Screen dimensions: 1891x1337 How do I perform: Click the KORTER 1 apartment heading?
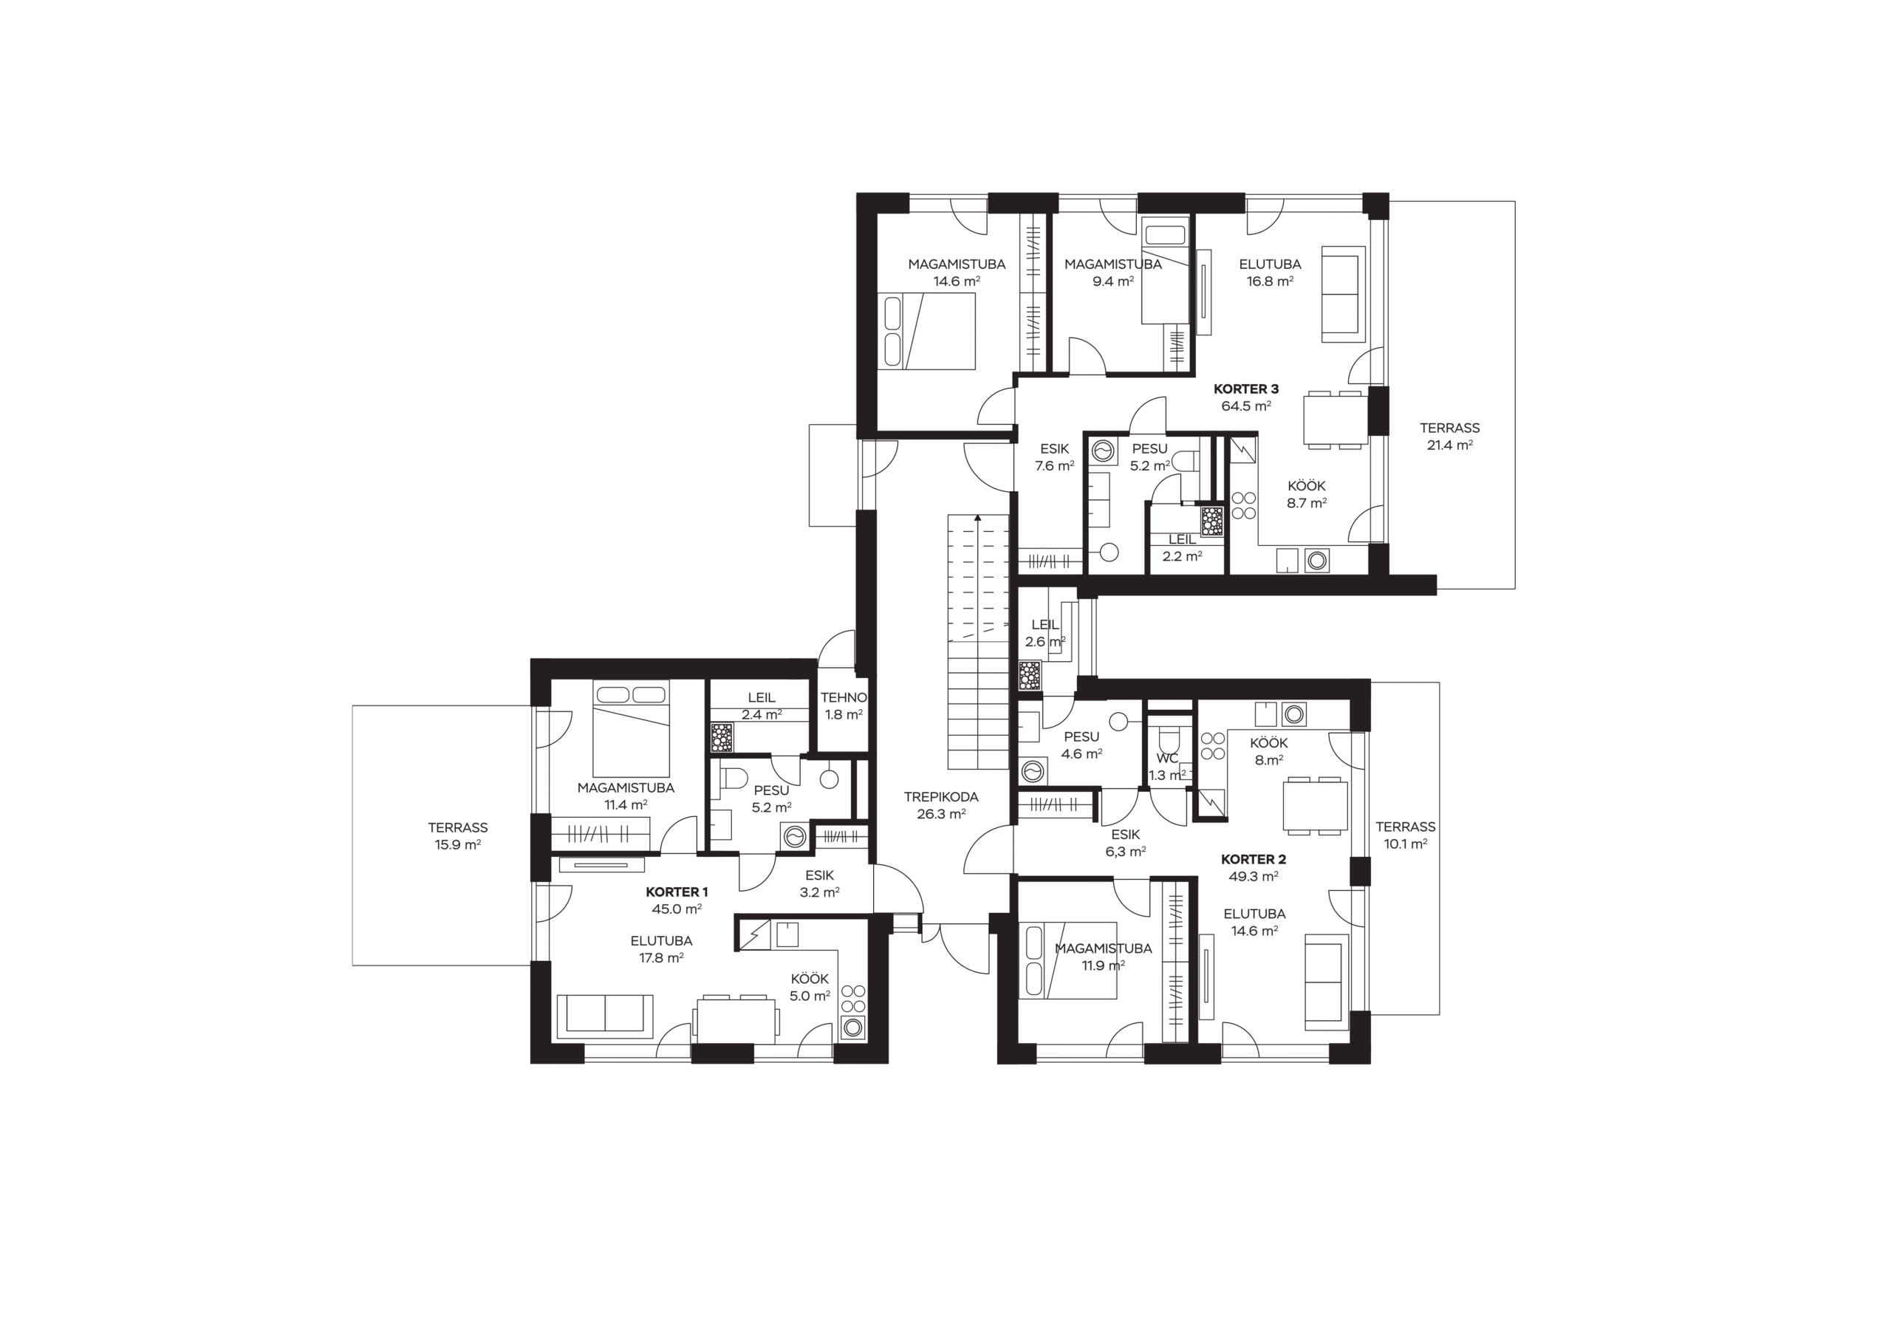676,892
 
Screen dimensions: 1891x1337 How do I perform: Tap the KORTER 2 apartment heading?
1253,859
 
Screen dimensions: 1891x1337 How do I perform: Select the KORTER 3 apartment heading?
1246,389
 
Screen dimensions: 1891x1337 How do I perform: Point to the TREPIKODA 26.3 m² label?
940,806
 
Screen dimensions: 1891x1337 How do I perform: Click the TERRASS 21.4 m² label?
1449,437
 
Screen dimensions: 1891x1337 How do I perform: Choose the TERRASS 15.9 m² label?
458,836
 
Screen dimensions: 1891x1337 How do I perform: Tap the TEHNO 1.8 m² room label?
844,706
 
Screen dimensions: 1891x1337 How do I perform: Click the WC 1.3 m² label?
1167,767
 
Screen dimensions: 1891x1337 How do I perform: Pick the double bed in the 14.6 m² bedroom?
926,331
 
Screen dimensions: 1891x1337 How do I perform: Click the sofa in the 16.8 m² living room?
1341,293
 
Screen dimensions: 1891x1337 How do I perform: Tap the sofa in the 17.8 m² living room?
606,1016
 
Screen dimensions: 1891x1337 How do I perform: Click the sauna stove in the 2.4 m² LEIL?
722,737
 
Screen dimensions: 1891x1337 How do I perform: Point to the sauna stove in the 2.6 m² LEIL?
1030,674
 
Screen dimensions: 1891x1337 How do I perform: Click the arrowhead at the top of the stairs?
977,518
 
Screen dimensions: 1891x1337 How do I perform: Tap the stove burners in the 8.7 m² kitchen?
1244,505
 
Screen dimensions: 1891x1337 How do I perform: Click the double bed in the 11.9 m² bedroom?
1068,960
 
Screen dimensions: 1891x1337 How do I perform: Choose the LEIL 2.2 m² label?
1182,548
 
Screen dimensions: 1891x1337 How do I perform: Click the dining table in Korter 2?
1316,806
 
